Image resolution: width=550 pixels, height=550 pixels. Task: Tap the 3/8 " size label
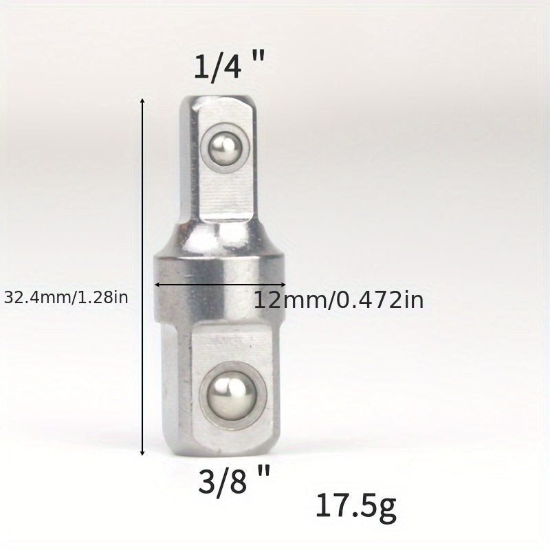click(x=234, y=481)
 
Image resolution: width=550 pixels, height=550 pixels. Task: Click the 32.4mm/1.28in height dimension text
click(x=66, y=298)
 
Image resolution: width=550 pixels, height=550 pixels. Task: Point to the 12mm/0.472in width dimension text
click(x=338, y=300)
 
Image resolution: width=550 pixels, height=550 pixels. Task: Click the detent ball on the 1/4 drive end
click(x=221, y=147)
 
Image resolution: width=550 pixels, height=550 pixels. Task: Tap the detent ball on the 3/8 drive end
click(x=232, y=395)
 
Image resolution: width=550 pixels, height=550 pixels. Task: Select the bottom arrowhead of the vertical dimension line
click(x=142, y=452)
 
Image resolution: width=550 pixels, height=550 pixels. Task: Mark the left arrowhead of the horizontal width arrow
click(x=157, y=285)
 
